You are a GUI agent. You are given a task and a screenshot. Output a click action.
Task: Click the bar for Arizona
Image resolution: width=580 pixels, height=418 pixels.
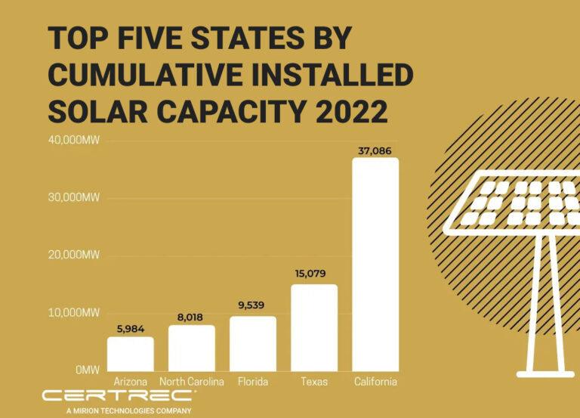tap(130, 353)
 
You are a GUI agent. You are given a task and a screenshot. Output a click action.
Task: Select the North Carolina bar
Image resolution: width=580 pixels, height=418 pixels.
tap(191, 348)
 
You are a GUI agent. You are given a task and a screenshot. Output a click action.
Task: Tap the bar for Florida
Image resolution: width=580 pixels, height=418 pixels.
tap(253, 343)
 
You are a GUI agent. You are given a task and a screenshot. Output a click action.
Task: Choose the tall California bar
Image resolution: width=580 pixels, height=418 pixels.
tap(375, 265)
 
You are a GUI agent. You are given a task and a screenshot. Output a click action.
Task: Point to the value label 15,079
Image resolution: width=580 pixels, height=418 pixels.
tap(314, 274)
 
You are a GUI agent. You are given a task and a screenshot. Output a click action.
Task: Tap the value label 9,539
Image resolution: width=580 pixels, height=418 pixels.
tap(253, 306)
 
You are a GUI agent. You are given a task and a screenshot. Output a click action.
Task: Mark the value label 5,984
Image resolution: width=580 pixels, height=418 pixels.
tap(130, 329)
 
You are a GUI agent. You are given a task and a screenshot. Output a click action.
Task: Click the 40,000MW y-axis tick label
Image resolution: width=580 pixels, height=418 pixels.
tap(75, 141)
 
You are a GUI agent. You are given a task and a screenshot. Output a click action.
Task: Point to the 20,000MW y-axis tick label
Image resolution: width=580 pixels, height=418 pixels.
tap(75, 255)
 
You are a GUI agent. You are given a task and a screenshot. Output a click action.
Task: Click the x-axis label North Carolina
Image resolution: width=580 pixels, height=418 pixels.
tap(191, 382)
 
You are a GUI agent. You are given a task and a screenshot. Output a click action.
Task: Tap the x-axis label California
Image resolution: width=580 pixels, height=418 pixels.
tap(375, 382)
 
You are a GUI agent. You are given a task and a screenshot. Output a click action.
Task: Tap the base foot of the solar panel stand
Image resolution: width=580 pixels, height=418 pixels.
tap(545, 373)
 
